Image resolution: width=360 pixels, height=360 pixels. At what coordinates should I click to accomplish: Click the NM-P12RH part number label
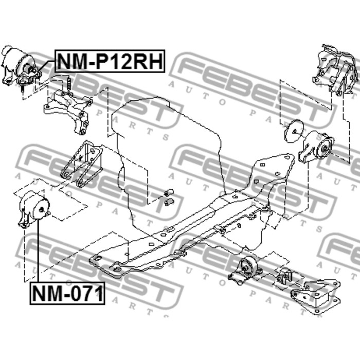click(x=110, y=61)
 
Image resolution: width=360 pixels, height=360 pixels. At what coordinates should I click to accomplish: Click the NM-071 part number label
click(x=67, y=293)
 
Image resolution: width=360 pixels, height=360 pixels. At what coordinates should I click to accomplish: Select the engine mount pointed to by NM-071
click(x=33, y=209)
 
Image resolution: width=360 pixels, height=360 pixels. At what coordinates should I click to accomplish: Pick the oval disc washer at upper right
click(x=294, y=131)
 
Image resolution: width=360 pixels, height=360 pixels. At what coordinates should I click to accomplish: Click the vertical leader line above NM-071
click(x=38, y=250)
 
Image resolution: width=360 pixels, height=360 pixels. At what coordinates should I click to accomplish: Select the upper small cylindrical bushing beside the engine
click(x=169, y=192)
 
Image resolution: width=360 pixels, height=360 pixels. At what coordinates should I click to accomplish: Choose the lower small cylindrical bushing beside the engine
click(x=169, y=202)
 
